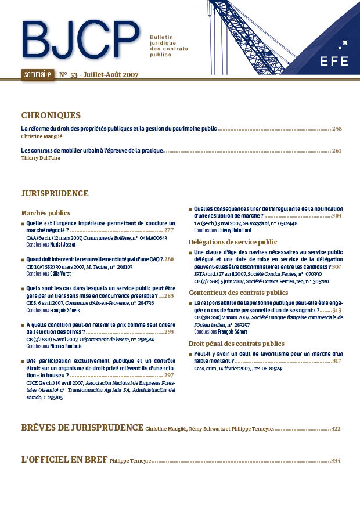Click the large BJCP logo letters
tap(80, 42)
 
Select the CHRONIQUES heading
tap(51, 115)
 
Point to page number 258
tap(337, 129)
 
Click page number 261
tap(337, 151)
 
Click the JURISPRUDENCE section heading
tap(55, 193)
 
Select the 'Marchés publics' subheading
tap(45, 213)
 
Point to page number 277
tap(169, 230)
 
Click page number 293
tap(169, 332)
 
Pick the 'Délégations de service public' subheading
tap(233, 241)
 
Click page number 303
tap(336, 216)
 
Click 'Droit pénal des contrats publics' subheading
tap(236, 344)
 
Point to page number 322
tap(336, 429)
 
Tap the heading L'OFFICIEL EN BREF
tap(64, 460)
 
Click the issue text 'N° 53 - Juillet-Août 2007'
tap(99, 75)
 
